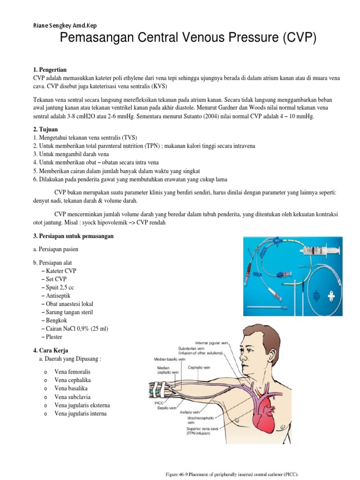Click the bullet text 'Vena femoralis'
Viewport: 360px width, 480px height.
[72, 372]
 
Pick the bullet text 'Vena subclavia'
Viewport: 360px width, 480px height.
[72, 397]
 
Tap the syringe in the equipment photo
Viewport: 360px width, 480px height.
[323, 251]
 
